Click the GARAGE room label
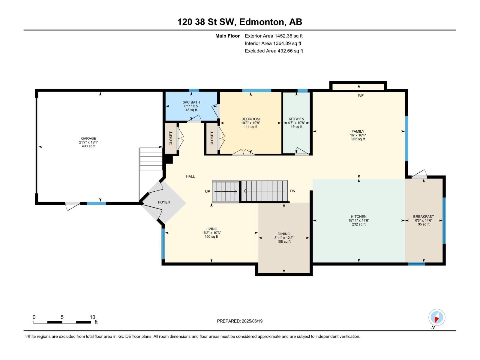tap(88, 139)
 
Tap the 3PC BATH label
tap(191, 102)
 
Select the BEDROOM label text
tap(250, 119)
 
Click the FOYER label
tap(164, 202)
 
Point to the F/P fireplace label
tap(361, 96)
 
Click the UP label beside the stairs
tap(208, 191)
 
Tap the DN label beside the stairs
tap(293, 191)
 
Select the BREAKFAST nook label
tap(423, 217)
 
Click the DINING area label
tap(284, 234)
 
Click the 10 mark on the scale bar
tap(92, 317)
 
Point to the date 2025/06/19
tap(252, 321)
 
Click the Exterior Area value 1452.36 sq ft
tap(289, 36)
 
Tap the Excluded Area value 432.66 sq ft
tap(290, 51)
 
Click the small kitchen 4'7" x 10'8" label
tap(296, 123)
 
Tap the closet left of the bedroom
tap(212, 139)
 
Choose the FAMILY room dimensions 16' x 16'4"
tap(358, 135)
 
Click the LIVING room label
tap(211, 229)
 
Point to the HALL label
tap(190, 176)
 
